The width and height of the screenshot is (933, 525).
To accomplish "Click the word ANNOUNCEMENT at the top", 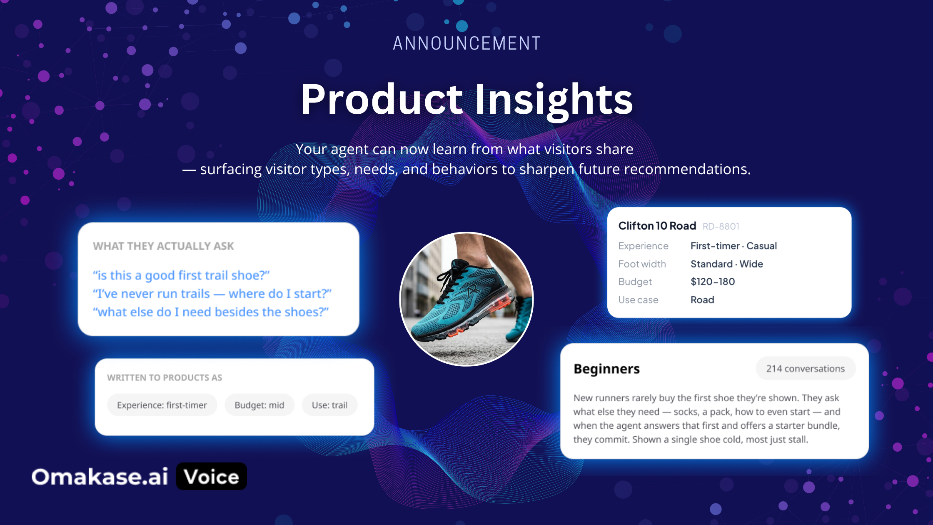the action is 466,43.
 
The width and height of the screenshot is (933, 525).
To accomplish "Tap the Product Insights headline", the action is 467,100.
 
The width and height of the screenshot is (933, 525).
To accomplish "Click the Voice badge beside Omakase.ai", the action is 212,476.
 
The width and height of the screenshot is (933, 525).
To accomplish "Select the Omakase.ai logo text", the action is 100,477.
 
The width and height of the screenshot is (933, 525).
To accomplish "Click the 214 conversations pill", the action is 806,368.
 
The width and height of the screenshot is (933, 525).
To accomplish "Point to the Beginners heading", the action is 606,369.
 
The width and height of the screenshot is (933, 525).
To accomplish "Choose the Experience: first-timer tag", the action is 162,405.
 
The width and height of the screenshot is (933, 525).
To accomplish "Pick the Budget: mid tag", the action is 259,405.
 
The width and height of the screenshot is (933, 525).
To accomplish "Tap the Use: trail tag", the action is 329,405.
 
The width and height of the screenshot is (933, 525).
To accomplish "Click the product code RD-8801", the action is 721,226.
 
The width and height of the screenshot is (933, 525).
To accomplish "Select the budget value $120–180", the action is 713,282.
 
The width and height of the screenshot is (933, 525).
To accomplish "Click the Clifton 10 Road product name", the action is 657,226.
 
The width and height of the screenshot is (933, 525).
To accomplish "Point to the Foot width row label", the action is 642,264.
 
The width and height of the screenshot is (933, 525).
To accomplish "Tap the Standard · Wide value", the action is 727,264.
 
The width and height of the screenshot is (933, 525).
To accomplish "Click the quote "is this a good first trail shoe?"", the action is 181,275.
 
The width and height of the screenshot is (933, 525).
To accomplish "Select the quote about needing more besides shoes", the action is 211,312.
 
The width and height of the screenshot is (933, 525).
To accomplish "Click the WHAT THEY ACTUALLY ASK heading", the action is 163,246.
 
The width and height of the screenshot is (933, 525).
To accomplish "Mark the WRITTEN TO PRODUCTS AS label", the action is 165,377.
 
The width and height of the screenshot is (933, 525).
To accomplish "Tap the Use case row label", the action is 639,300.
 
